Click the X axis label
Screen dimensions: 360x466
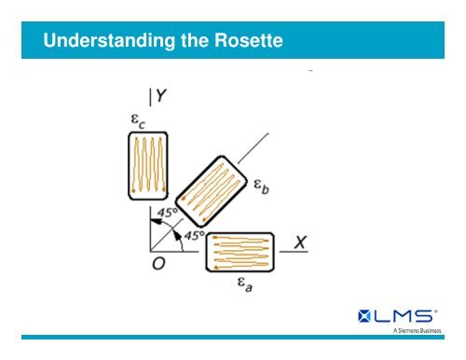(x=300, y=241)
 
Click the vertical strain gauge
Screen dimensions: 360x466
(x=147, y=166)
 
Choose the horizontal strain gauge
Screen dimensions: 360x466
(x=240, y=251)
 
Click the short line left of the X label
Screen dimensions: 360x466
(x=283, y=249)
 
